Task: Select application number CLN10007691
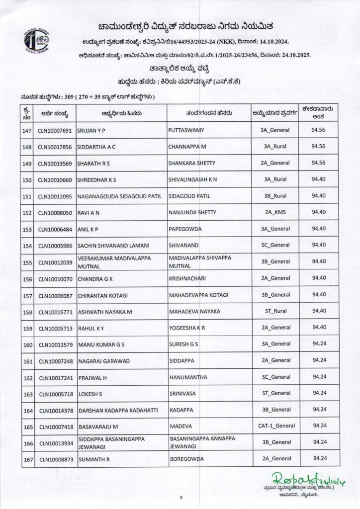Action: point(55,130)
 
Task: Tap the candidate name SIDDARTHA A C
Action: point(98,147)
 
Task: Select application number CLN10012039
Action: point(55,261)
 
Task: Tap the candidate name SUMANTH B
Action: point(93,458)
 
